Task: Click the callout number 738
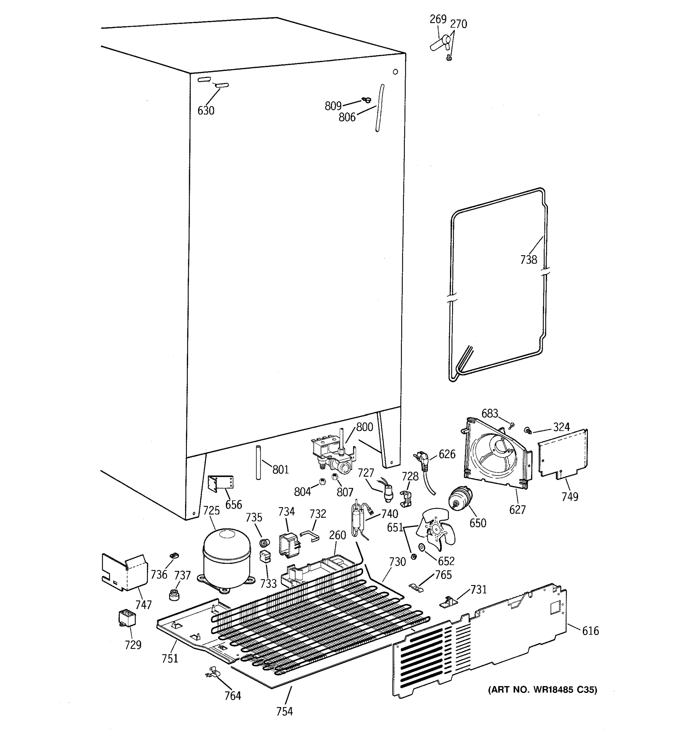pyautogui.click(x=528, y=260)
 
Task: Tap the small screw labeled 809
pyautogui.click(x=366, y=100)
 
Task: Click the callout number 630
pyautogui.click(x=206, y=110)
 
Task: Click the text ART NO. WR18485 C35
pyautogui.click(x=542, y=690)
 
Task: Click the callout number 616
pyautogui.click(x=590, y=630)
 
